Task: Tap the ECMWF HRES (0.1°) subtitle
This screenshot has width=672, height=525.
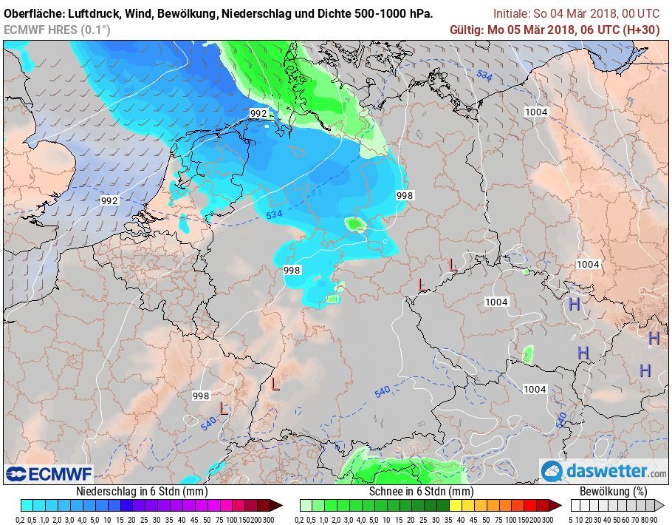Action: (x=57, y=30)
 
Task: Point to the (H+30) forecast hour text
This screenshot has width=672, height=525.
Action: (x=642, y=30)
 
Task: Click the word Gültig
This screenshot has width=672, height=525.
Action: (x=467, y=30)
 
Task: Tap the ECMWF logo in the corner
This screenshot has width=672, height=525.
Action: (x=49, y=473)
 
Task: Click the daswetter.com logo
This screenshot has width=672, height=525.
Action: (x=604, y=471)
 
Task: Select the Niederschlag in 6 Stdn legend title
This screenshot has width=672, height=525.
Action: (x=142, y=491)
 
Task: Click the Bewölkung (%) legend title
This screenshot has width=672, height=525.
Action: (x=614, y=491)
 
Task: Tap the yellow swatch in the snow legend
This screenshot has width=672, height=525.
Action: (x=456, y=505)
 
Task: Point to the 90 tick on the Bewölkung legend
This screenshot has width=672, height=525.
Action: (x=654, y=519)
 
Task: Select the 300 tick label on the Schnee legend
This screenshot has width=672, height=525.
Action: (x=548, y=519)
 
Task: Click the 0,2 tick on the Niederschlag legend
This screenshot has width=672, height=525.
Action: (x=25, y=519)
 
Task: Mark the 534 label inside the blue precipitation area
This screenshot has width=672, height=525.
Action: (x=274, y=214)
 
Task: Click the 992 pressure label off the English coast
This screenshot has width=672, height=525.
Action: (x=109, y=200)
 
